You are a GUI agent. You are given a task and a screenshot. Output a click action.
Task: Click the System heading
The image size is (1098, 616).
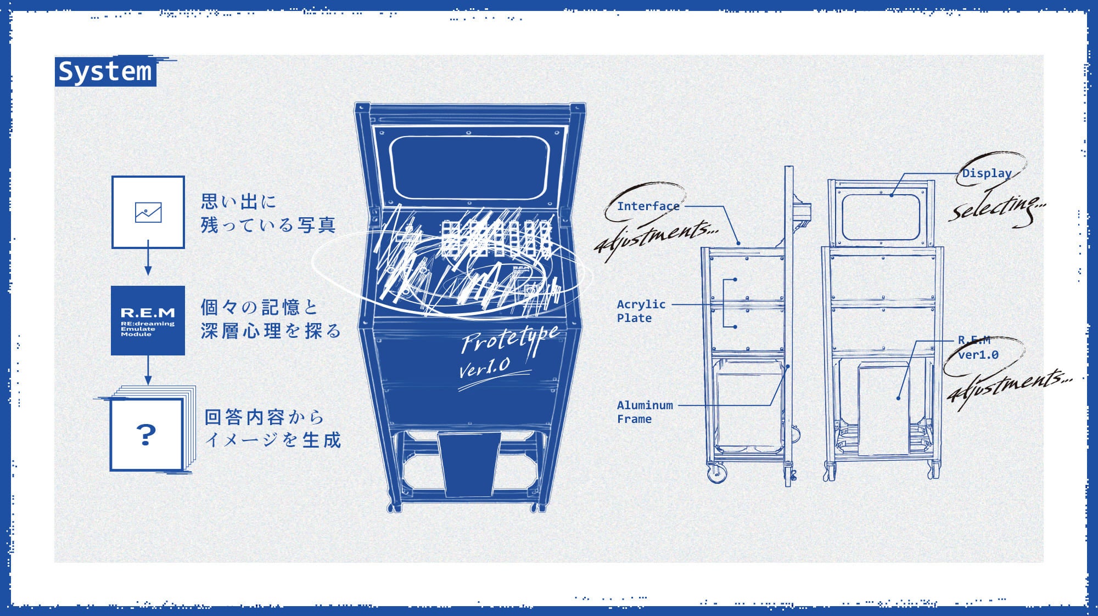coord(105,71)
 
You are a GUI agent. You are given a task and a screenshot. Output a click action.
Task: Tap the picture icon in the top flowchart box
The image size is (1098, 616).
coord(148,212)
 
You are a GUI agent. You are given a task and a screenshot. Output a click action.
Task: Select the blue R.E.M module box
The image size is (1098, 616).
coord(148,320)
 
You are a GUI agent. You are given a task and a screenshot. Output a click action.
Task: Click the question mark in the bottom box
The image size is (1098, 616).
coord(146,435)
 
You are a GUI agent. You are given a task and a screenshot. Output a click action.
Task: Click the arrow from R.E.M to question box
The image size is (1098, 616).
coord(148,371)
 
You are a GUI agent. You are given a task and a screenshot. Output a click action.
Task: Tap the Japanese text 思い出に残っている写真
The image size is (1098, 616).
coord(267,213)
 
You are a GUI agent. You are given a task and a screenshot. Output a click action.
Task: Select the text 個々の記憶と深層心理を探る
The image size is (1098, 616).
coord(270,319)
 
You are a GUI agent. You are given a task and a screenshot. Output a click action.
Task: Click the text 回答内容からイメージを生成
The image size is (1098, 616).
coord(272,428)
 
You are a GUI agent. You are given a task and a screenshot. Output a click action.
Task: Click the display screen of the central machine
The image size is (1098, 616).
coord(469,167)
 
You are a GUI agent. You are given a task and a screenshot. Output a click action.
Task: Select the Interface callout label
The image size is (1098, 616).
coord(648,206)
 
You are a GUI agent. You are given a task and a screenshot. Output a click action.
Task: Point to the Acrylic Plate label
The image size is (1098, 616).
coord(640,311)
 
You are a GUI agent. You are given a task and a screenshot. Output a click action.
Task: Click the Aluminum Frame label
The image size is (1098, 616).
coord(644,412)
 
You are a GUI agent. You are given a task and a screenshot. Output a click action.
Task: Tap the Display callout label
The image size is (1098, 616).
coord(987,173)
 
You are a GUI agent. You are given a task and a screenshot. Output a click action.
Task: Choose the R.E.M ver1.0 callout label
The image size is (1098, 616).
coord(978,348)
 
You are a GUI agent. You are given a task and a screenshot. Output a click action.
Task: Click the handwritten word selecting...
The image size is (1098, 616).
coord(996,208)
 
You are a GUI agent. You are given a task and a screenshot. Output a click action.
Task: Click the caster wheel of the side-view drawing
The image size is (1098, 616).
coord(717,473)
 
